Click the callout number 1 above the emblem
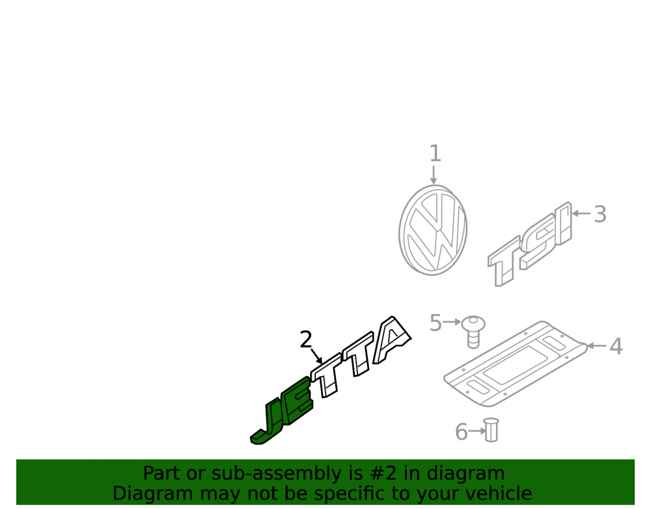coord(435,153)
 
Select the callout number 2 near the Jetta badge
coord(306,340)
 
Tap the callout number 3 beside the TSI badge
coord(600,214)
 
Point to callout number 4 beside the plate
coord(616,347)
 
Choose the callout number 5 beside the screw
coord(436,323)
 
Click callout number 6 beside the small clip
coord(462,431)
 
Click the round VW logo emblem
coord(433,230)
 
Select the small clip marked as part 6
coord(491,430)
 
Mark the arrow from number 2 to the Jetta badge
coord(317,356)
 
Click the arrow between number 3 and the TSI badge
coord(581,214)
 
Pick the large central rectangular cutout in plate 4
coord(515,364)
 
